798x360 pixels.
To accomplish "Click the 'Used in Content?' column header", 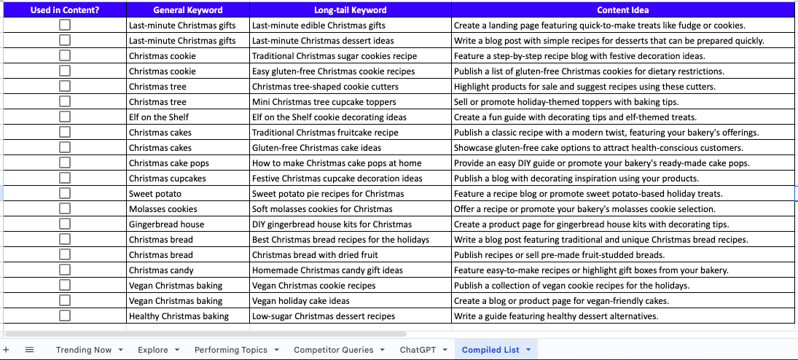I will tap(65, 10).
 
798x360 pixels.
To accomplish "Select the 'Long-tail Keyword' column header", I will tap(350, 10).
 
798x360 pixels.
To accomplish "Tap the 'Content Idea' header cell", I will tap(622, 10).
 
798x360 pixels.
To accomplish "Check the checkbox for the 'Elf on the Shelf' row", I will tap(65, 117).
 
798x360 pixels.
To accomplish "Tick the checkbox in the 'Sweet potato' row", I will tap(65, 193).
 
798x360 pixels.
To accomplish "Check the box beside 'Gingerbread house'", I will tap(65, 224).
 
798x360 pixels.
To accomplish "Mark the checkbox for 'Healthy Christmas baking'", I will tap(65, 316).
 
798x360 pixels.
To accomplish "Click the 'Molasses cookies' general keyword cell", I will tap(163, 209).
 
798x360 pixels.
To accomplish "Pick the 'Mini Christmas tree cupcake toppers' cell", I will tap(324, 102).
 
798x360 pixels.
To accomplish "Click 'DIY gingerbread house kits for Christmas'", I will tap(332, 224).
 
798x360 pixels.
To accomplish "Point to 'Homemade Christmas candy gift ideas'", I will tap(327, 270).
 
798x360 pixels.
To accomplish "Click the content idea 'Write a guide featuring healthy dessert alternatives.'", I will tap(555, 316).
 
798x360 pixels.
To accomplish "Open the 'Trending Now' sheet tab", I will tap(84, 350).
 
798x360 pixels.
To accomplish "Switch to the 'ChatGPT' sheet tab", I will tap(418, 350).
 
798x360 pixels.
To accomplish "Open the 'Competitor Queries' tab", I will tap(333, 350).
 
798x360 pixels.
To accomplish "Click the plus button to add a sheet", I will tap(7, 350).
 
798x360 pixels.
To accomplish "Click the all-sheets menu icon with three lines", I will tap(29, 350).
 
